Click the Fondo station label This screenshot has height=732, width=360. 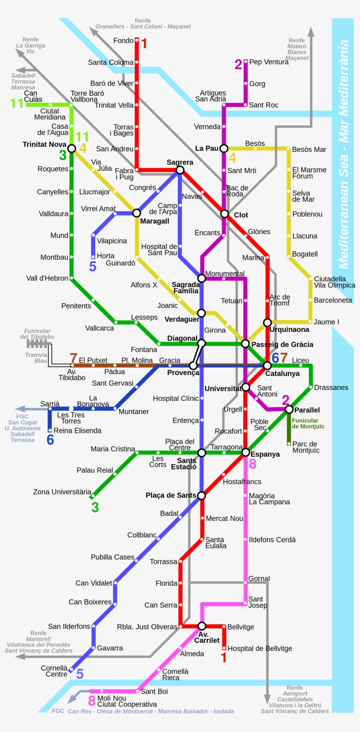[x=123, y=40]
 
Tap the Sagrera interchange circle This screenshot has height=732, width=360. [x=180, y=170]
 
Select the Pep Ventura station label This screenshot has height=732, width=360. [x=269, y=62]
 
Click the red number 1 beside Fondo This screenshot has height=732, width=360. [x=144, y=43]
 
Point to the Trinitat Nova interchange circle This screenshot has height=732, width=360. [x=72, y=148]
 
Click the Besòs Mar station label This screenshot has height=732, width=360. [x=309, y=149]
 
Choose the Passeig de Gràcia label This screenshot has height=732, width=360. [x=282, y=344]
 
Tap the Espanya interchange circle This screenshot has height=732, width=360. [x=245, y=452]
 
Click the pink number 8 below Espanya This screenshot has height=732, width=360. [x=252, y=464]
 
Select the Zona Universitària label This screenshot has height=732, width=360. [x=62, y=492]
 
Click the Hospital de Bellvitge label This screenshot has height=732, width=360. [x=259, y=648]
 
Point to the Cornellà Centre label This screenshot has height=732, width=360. [x=54, y=671]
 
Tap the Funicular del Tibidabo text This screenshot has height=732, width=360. [x=37, y=334]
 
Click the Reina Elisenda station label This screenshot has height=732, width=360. [x=77, y=431]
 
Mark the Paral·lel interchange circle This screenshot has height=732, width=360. [x=289, y=409]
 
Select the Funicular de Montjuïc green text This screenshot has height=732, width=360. [x=308, y=423]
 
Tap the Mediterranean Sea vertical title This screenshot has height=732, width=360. [x=343, y=154]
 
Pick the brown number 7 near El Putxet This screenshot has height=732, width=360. [x=73, y=358]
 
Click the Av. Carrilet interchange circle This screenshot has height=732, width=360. [x=202, y=626]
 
